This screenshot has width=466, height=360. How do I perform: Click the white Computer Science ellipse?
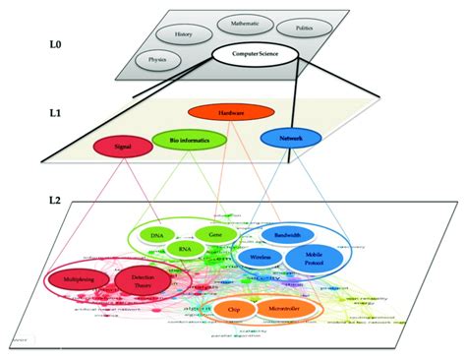coord(254,54)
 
